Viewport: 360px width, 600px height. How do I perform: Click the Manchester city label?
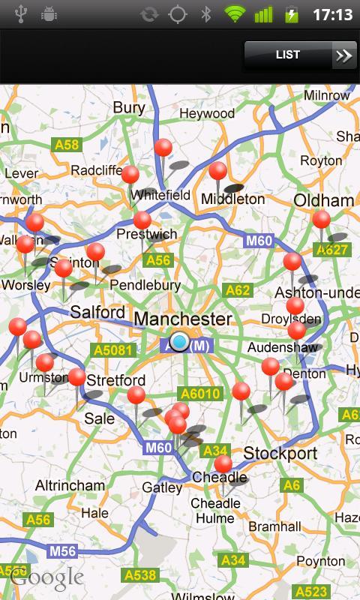pyautogui.click(x=182, y=319)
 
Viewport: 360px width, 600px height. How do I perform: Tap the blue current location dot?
pyautogui.click(x=179, y=342)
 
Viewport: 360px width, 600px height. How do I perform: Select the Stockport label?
pyautogui.click(x=280, y=454)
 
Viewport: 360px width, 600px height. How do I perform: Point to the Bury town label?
pyautogui.click(x=128, y=108)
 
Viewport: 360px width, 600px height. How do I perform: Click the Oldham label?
pyautogui.click(x=323, y=201)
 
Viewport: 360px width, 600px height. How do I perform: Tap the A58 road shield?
pyautogui.click(x=65, y=145)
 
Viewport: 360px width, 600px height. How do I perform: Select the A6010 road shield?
pyautogui.click(x=199, y=394)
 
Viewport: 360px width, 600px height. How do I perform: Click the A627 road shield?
pyautogui.click(x=331, y=250)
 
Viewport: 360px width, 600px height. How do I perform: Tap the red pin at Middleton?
pyautogui.click(x=217, y=171)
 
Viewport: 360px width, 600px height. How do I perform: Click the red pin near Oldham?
pyautogui.click(x=321, y=219)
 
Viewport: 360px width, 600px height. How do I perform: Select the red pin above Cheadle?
pyautogui.click(x=223, y=463)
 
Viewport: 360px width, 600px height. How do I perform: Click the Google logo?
pyautogui.click(x=46, y=577)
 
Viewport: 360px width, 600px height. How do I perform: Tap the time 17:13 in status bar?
pyautogui.click(x=333, y=14)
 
